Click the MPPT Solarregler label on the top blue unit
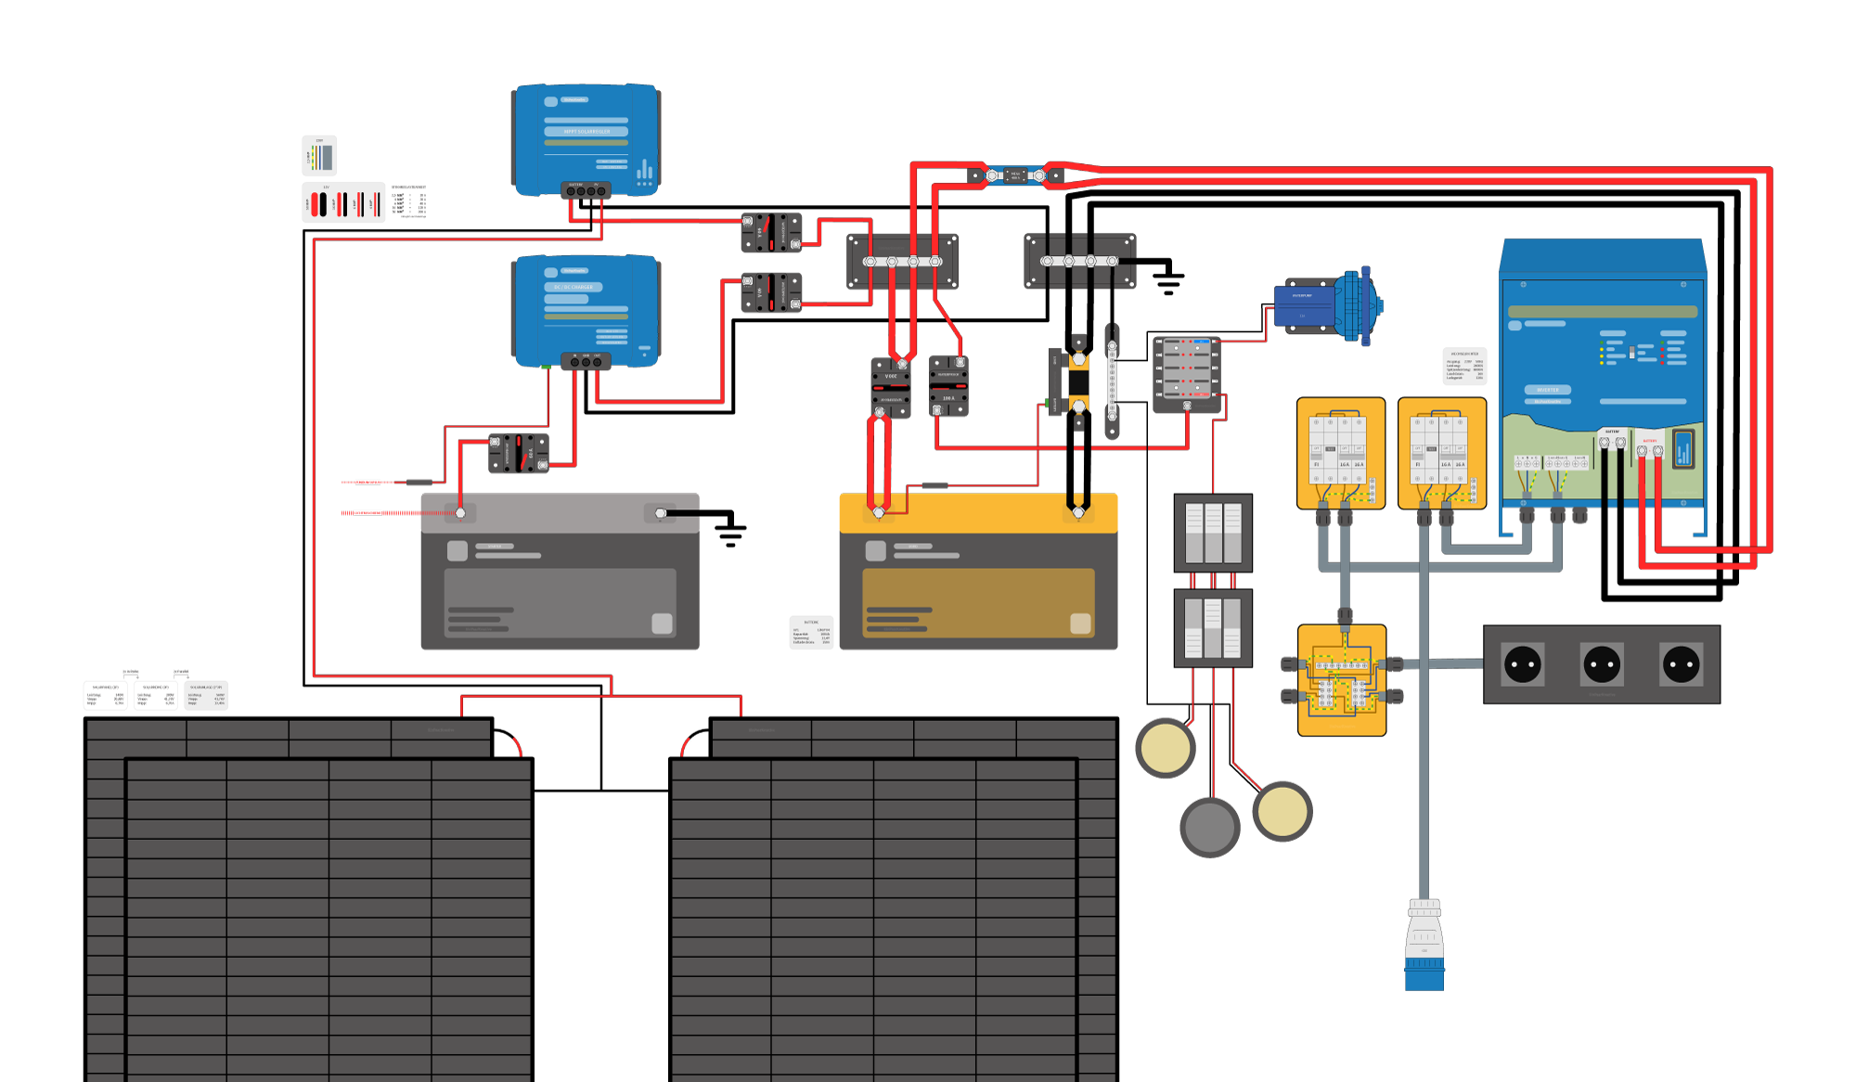586,132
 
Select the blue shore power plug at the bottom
1424,947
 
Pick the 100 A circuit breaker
948,386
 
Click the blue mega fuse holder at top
1015,175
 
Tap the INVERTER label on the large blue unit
1547,390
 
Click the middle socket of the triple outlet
1602,664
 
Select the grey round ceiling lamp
1209,826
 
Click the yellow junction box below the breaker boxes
1341,680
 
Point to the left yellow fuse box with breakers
1340,453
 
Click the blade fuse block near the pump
1186,373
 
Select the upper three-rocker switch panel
1213,534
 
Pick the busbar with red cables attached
902,262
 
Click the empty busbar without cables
1079,261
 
